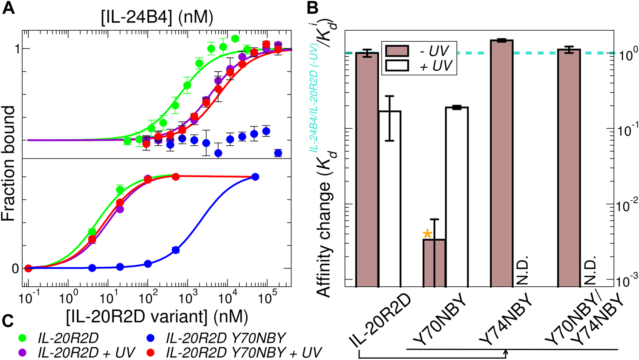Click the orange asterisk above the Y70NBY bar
427,234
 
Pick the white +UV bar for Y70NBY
457,196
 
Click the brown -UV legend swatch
397,51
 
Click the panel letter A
9,9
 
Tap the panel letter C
9,320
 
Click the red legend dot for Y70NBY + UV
156,352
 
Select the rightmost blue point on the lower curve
255,177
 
